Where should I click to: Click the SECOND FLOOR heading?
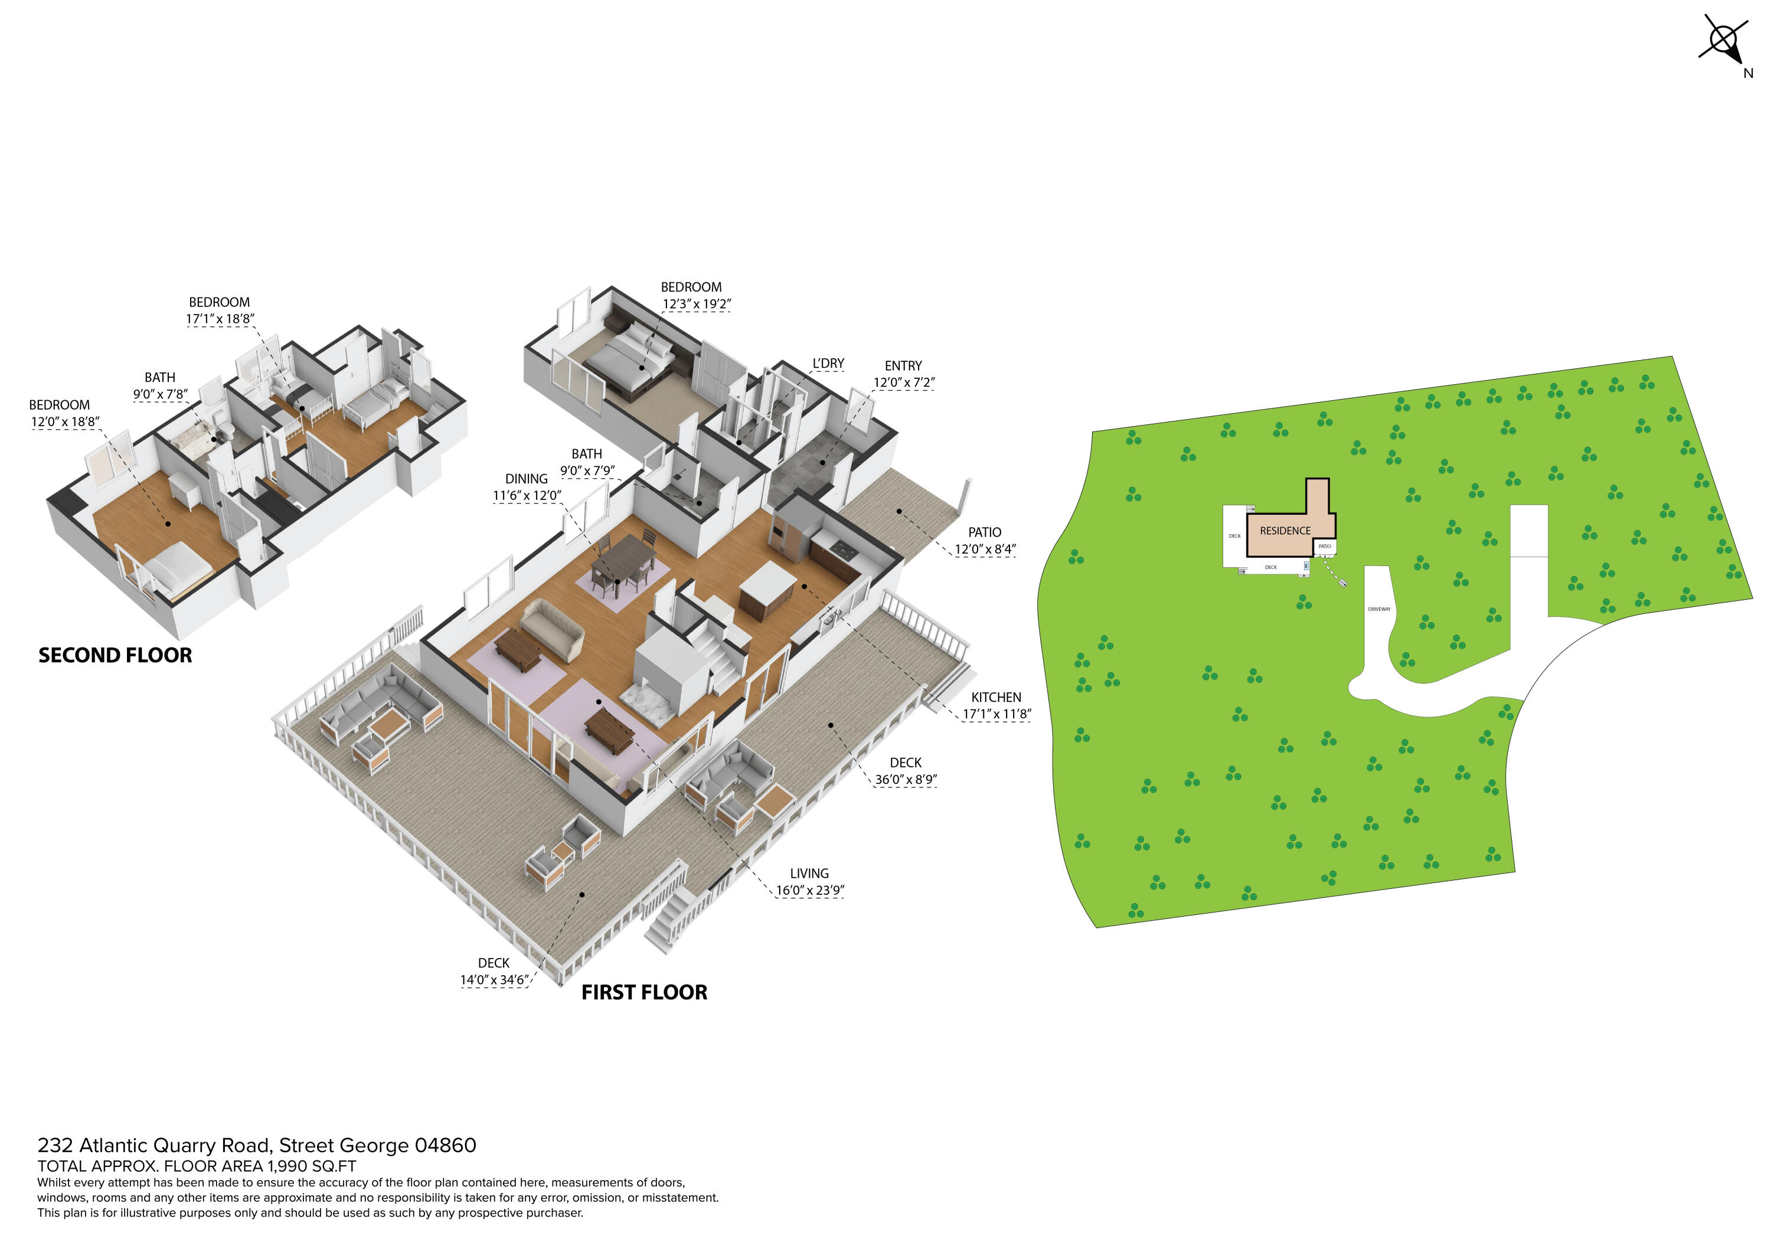pyautogui.click(x=115, y=655)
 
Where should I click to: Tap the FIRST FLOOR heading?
pyautogui.click(x=644, y=992)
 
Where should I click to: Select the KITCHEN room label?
pyautogui.click(x=996, y=697)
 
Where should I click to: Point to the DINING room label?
pyautogui.click(x=526, y=479)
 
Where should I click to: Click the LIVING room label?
pyautogui.click(x=809, y=873)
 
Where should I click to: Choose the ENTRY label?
pyautogui.click(x=903, y=365)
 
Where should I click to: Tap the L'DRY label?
pyautogui.click(x=828, y=364)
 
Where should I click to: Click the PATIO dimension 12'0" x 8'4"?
pyautogui.click(x=985, y=549)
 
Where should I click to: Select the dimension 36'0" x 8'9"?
pyautogui.click(x=906, y=779)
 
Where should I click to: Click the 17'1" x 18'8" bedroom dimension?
pyautogui.click(x=220, y=319)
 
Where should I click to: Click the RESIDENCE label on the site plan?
pyautogui.click(x=1285, y=531)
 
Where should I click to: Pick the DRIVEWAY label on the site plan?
pyautogui.click(x=1379, y=609)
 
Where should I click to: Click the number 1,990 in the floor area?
pyautogui.click(x=289, y=1166)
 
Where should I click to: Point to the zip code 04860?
pyautogui.click(x=445, y=1146)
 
